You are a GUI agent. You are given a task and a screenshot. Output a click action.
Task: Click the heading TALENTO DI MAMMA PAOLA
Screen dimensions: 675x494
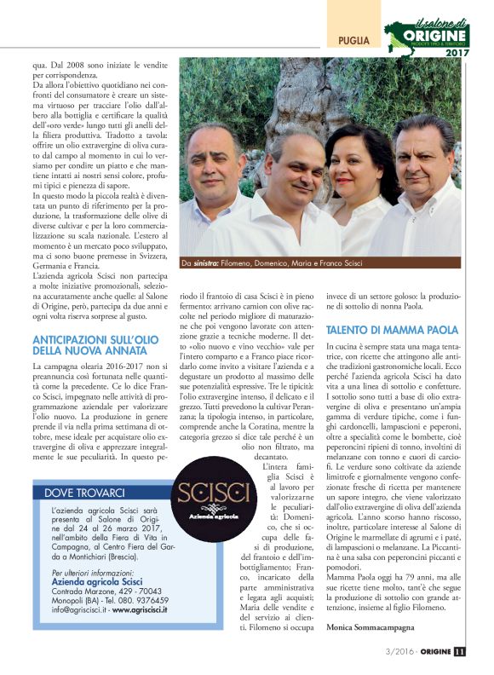(x=392, y=329)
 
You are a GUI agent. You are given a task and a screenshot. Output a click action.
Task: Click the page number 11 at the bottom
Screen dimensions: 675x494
(x=460, y=652)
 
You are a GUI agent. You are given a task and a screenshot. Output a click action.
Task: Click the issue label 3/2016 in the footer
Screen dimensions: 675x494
(x=392, y=652)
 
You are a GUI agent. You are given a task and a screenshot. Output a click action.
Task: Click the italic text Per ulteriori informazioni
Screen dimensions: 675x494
(x=97, y=572)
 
